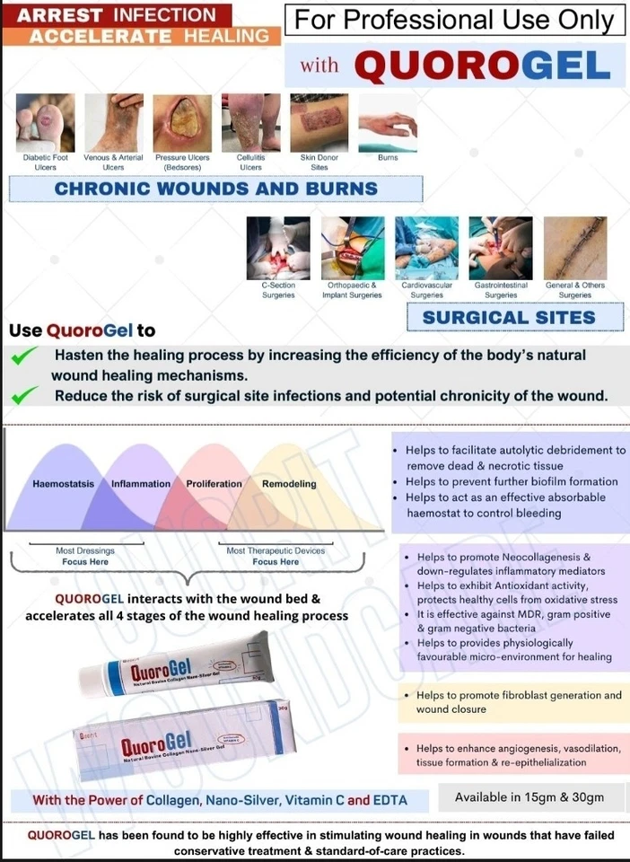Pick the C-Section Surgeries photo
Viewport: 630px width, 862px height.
[x=278, y=248]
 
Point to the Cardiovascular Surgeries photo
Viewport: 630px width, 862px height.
[x=426, y=248]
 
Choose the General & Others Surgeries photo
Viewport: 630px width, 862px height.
[x=575, y=248]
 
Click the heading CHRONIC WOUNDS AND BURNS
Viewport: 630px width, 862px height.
[x=215, y=189]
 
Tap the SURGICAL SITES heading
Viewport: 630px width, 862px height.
[x=509, y=317]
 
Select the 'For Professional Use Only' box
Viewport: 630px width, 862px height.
[x=454, y=20]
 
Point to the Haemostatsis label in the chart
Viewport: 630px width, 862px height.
[x=63, y=484]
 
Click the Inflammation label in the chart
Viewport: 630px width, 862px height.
[x=141, y=484]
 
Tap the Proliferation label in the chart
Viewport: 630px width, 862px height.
[x=214, y=484]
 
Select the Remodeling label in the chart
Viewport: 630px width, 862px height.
[x=289, y=484]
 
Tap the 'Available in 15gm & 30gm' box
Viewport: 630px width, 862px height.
[x=529, y=797]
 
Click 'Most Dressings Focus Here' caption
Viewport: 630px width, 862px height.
[x=85, y=556]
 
